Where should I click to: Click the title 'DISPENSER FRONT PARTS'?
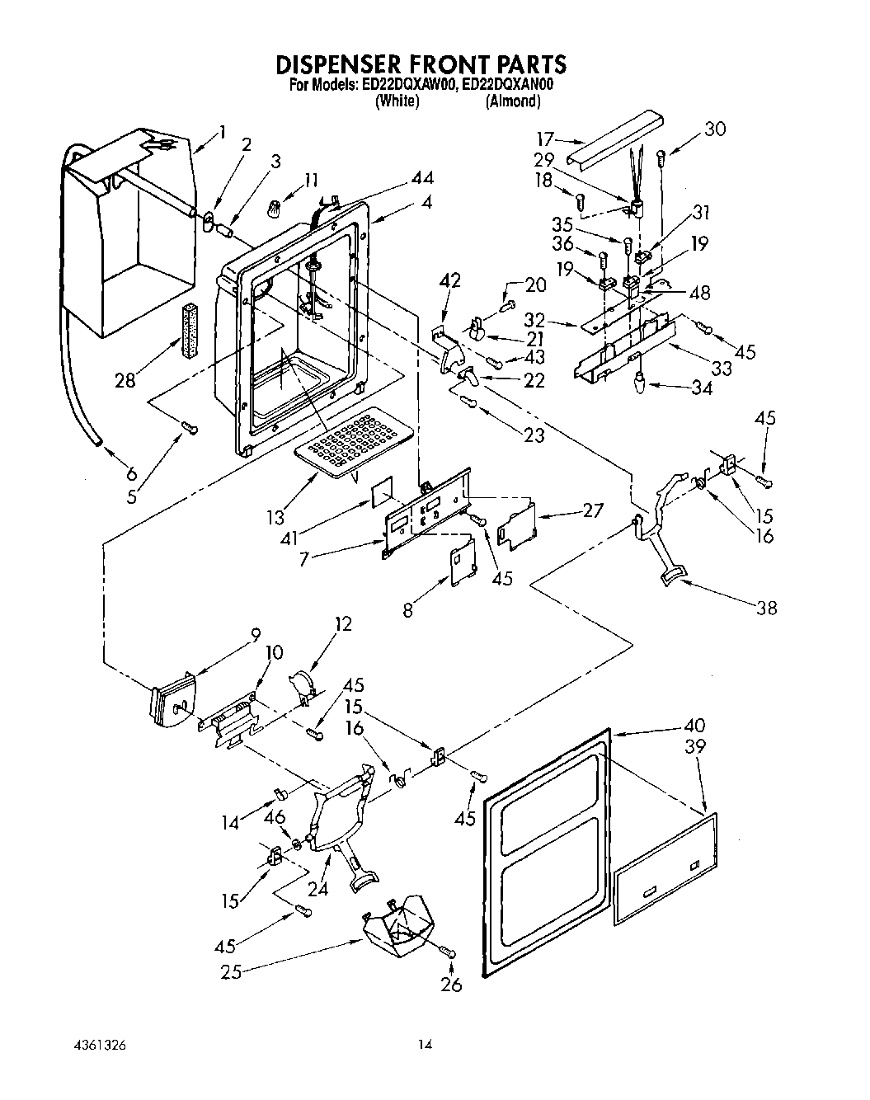click(421, 64)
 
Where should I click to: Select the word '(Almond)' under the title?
click(512, 101)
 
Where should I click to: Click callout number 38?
click(766, 609)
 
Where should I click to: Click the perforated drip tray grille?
click(352, 442)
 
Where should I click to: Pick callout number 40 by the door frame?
click(694, 726)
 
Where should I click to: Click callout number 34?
click(702, 387)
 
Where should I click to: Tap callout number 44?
click(422, 178)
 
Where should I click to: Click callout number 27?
click(593, 510)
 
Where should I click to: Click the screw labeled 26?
click(449, 952)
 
